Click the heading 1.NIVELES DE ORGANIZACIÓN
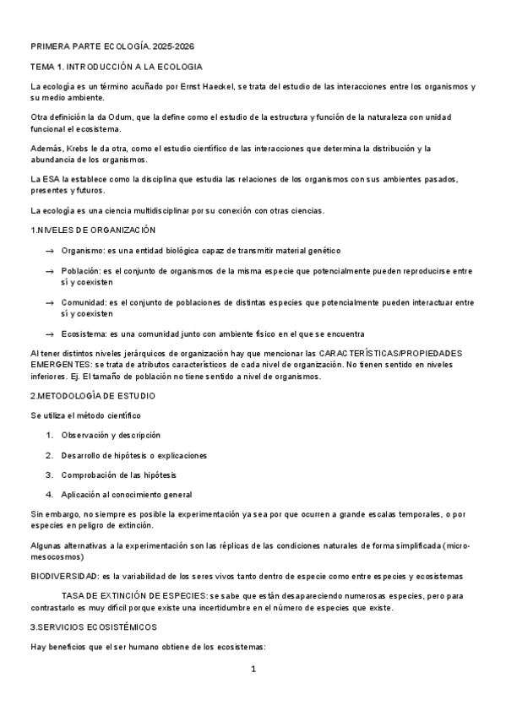pyautogui.click(x=93, y=231)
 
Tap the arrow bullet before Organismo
pyautogui.click(x=51, y=251)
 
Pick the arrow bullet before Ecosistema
pyautogui.click(x=51, y=334)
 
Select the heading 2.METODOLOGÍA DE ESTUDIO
pyautogui.click(x=92, y=396)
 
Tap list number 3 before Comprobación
pyautogui.click(x=50, y=475)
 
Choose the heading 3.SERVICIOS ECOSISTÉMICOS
pyautogui.click(x=93, y=627)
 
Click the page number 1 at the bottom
pyautogui.click(x=253, y=669)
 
